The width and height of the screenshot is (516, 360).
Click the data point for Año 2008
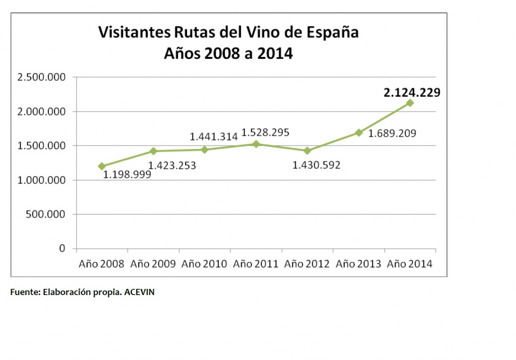(x=102, y=166)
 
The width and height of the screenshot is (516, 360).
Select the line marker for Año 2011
(x=256, y=144)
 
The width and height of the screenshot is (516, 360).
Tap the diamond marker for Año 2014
(x=410, y=103)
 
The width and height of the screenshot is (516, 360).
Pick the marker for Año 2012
(x=307, y=151)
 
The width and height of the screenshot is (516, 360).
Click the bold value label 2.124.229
(x=412, y=93)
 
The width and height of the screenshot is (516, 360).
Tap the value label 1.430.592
(x=316, y=165)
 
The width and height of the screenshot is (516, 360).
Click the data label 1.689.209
(x=394, y=134)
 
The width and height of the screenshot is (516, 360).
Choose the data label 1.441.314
(x=214, y=136)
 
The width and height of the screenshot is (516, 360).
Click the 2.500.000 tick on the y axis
(x=43, y=78)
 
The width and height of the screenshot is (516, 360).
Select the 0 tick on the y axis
(x=62, y=249)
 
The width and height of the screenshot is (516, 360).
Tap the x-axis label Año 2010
(x=204, y=264)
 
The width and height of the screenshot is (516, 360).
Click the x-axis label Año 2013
(x=358, y=264)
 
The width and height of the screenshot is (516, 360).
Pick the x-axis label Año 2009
(x=153, y=264)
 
